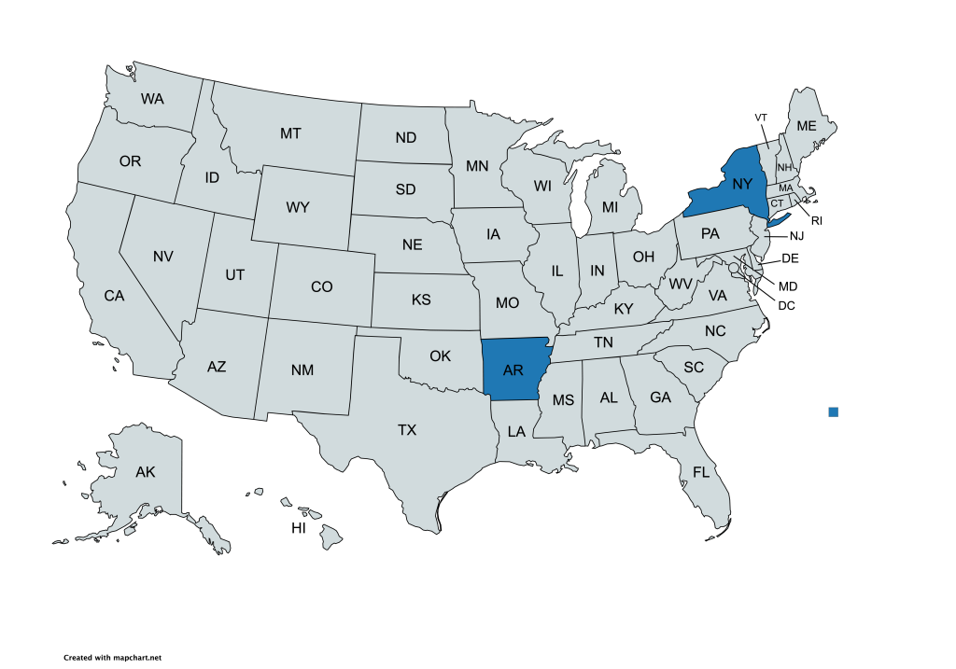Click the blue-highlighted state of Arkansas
coord(513,369)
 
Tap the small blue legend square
coord(834,411)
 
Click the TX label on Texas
coord(407,430)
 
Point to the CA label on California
coord(114,296)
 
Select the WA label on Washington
coord(153,98)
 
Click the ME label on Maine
coord(807,126)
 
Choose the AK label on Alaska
coord(145,471)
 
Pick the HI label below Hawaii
coord(299,528)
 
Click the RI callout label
coord(816,221)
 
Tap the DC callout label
coord(788,304)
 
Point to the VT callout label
coord(761,117)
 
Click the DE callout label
coord(789,258)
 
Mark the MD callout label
coord(789,285)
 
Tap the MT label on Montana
coord(290,133)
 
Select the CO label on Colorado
coord(321,287)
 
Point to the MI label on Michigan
coord(610,206)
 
